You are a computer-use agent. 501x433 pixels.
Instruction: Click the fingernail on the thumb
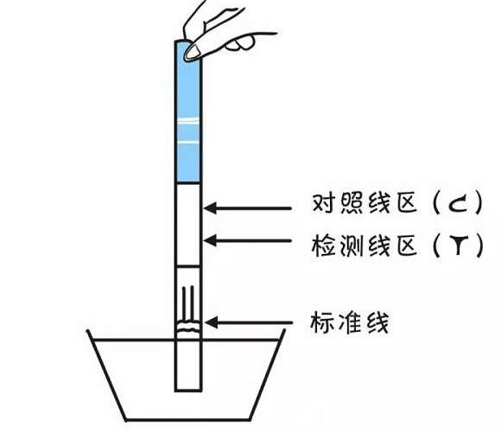point(193,52)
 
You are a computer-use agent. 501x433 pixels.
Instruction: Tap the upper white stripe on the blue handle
point(188,120)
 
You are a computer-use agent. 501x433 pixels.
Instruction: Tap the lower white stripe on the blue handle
point(188,141)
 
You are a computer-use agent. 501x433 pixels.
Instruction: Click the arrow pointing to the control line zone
point(247,208)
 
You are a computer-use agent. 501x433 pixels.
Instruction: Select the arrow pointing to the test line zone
point(247,240)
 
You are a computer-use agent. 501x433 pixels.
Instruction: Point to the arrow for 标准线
point(248,322)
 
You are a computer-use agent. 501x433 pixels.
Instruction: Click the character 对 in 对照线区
point(323,203)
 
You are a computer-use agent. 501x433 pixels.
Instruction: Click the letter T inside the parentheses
point(459,245)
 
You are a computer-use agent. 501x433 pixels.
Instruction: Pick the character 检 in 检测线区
point(323,245)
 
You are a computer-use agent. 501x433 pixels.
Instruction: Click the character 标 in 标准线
point(321,322)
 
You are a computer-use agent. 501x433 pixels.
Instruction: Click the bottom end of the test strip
point(188,391)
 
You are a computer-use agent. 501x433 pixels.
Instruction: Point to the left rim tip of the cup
point(88,331)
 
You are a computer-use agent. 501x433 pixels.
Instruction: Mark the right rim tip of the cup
point(284,330)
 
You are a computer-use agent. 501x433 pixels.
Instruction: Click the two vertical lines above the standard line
point(187,304)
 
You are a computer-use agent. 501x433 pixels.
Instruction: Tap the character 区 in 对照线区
point(407,203)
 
